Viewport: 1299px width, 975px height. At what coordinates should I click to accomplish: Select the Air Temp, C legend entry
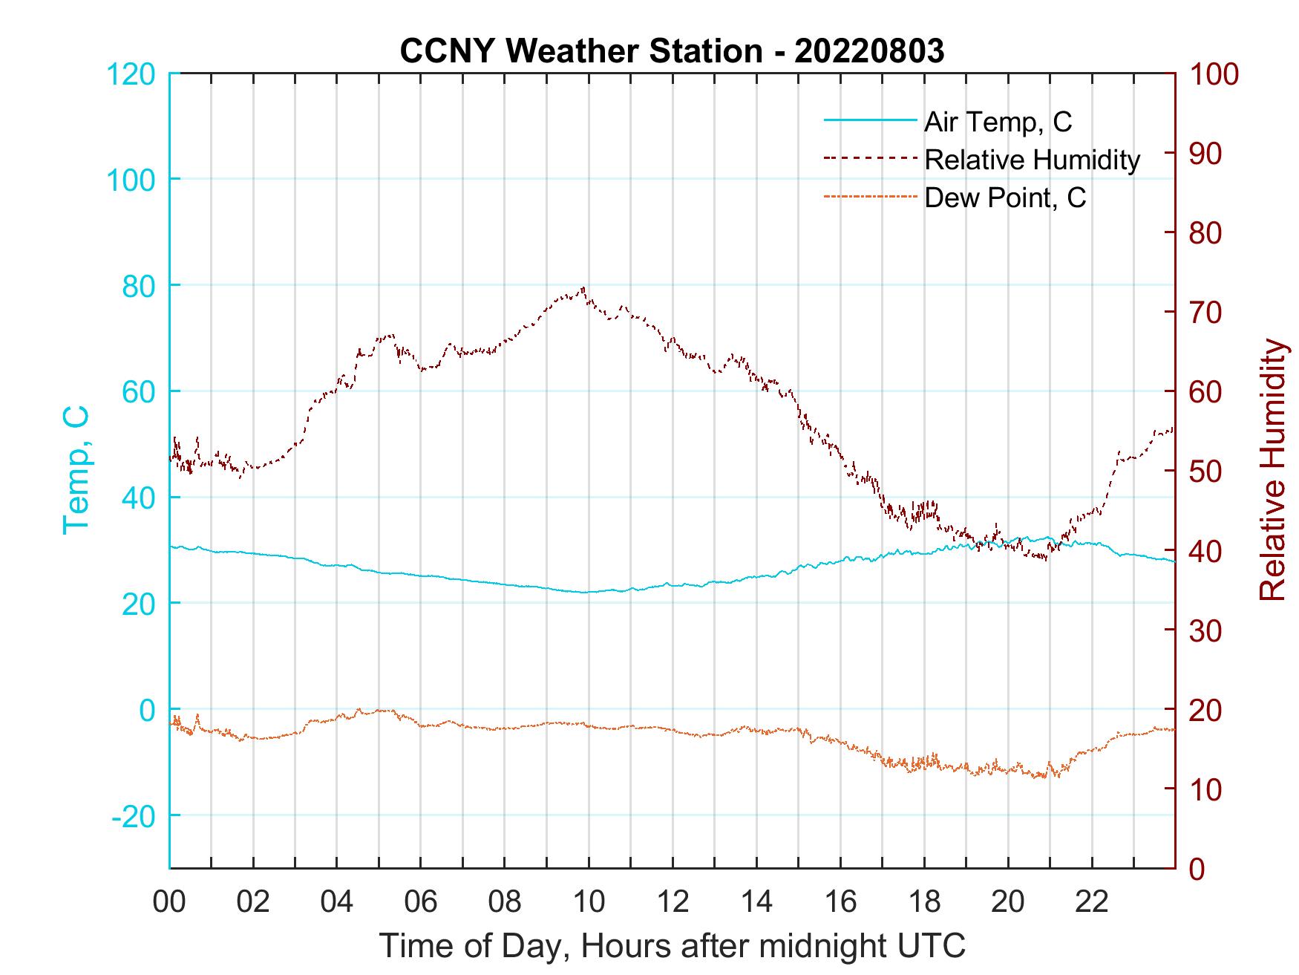tap(998, 122)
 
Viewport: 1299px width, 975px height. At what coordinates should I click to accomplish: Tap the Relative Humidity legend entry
tap(1032, 160)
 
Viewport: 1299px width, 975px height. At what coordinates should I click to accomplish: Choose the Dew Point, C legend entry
tap(1005, 198)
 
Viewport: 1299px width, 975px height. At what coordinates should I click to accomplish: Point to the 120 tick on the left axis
tap(131, 74)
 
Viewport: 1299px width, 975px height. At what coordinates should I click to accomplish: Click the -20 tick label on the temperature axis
tap(134, 816)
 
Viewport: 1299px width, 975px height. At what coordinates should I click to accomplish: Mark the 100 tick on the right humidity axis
tap(1214, 74)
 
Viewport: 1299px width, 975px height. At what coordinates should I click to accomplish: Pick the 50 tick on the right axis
tap(1207, 472)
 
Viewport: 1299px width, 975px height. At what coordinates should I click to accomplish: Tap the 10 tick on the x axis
tap(589, 902)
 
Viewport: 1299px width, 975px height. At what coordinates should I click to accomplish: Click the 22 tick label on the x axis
tap(1092, 902)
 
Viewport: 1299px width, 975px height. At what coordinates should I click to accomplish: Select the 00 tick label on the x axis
tap(169, 902)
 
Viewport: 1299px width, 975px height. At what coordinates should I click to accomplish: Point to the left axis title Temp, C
tap(76, 470)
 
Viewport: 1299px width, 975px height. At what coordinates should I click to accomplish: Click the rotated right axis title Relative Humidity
tap(1273, 470)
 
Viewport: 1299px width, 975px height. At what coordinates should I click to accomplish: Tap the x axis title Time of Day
tap(673, 946)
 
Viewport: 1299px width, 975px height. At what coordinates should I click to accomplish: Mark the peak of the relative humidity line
tap(584, 288)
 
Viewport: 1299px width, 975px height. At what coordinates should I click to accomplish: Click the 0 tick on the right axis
tap(1198, 868)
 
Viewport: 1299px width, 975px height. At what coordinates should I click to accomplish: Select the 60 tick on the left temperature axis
tap(138, 391)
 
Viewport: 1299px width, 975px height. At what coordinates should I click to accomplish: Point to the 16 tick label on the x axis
tap(840, 902)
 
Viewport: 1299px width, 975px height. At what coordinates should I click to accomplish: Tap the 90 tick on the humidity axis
tap(1207, 154)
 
